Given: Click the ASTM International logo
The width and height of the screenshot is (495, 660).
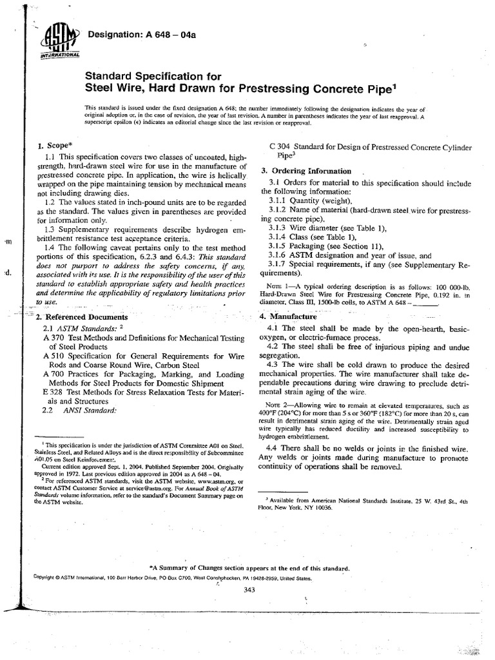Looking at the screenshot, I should click(59, 42).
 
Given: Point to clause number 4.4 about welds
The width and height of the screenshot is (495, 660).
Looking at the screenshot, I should click(273, 448).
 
